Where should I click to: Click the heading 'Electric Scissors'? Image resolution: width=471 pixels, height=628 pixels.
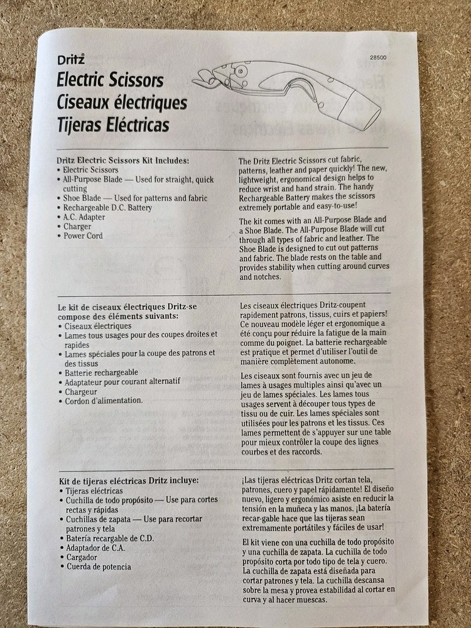coord(110,80)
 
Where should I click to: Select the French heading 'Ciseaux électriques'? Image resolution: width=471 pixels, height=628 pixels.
coord(121,102)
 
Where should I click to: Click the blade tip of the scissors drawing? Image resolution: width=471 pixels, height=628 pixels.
coord(200,80)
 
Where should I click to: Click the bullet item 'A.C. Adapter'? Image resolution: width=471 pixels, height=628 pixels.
coord(84,217)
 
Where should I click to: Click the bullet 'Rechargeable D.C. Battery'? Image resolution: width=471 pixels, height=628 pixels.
coord(107,208)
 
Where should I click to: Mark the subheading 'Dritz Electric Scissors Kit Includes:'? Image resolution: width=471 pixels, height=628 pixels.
coord(122,160)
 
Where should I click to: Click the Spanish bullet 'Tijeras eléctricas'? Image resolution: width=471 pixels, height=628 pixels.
coord(94,490)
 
